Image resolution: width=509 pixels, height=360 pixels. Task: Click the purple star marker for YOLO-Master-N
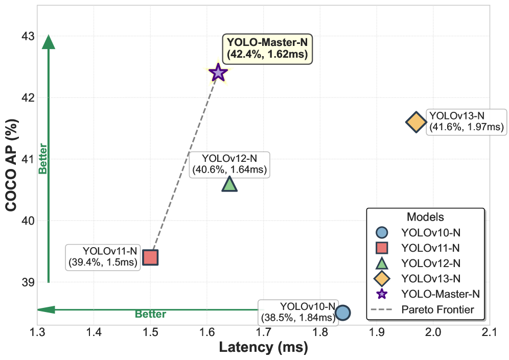click(x=218, y=73)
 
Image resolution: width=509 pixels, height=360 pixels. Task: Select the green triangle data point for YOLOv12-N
click(x=229, y=184)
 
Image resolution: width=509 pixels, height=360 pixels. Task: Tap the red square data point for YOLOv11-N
click(x=150, y=257)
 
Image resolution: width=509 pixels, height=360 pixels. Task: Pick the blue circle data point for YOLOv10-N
click(x=342, y=313)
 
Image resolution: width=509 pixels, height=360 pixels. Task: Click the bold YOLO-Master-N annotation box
click(x=267, y=49)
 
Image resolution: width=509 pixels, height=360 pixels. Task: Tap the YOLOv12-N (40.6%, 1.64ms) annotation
click(x=229, y=164)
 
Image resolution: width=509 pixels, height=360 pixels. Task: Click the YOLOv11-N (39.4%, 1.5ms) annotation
click(x=103, y=257)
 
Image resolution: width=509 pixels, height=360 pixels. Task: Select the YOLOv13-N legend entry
click(x=431, y=278)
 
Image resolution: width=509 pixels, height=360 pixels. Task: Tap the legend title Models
click(x=425, y=217)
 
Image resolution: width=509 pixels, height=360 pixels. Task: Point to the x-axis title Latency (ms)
click(x=263, y=348)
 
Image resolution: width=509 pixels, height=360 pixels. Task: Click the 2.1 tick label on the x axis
click(x=489, y=333)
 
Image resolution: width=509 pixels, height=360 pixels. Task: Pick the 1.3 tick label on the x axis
click(x=37, y=333)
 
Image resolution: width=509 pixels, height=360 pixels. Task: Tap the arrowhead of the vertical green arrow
click(x=48, y=42)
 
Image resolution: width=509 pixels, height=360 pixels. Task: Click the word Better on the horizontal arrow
click(x=151, y=315)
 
